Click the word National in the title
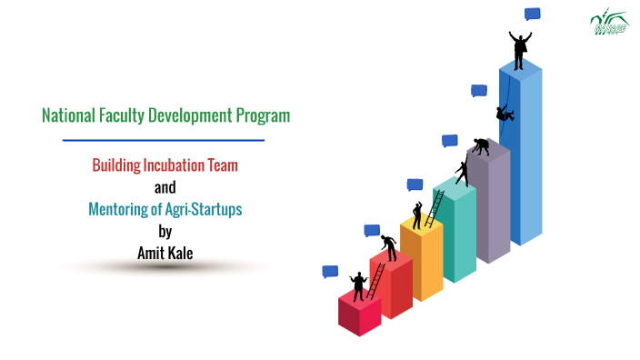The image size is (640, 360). [68, 116]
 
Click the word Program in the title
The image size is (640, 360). [263, 116]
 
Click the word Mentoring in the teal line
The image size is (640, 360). [119, 209]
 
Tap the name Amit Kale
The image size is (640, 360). [165, 252]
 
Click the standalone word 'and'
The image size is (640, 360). [165, 187]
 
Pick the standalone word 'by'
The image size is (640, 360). [165, 231]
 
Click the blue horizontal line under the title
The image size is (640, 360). [164, 140]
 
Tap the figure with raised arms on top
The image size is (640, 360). [520, 50]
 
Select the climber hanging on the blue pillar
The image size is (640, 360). [505, 113]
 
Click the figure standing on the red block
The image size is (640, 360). [357, 285]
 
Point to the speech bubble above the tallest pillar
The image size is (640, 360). [533, 14]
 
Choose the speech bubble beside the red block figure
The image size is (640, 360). [330, 271]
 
